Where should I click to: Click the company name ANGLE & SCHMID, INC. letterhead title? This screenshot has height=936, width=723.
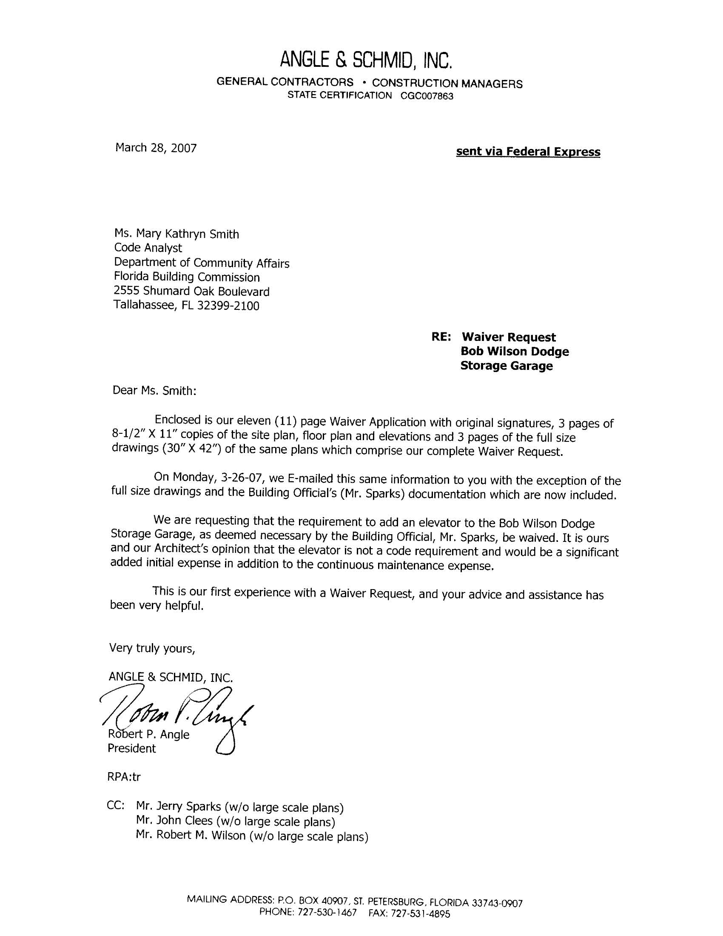point(366,60)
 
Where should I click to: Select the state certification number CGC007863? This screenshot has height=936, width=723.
point(427,96)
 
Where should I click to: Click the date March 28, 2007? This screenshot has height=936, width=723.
point(156,148)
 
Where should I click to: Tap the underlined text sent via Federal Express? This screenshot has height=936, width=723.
point(528,152)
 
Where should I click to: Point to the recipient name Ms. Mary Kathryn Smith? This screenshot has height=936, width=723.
point(176,234)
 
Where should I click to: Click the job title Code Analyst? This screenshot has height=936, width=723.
point(148,248)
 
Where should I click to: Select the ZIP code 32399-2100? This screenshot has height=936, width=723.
point(228,306)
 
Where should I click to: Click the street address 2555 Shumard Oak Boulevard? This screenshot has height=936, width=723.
point(191,292)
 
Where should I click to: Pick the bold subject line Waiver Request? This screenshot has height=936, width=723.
point(508,337)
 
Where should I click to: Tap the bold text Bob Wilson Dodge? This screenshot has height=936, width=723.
point(515,352)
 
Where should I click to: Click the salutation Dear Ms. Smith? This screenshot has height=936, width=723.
point(154,390)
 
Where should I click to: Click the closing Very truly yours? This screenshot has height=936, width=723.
point(152,648)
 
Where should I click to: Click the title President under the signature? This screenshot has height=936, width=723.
point(131,748)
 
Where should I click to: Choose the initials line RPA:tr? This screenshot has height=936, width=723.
point(124,777)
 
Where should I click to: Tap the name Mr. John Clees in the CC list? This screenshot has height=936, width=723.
point(174,821)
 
